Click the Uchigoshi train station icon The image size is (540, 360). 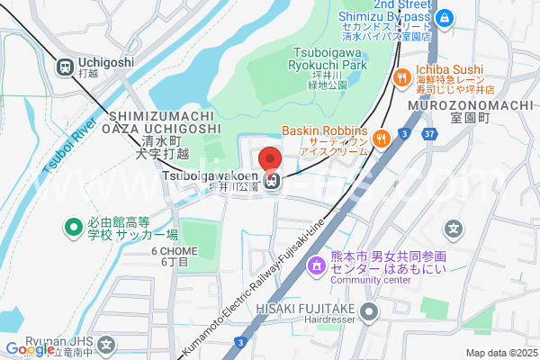[x=66, y=66]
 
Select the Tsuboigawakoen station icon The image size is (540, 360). [x=274, y=182]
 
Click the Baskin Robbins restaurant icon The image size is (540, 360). [x=382, y=138]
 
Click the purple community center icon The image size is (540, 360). [x=315, y=266]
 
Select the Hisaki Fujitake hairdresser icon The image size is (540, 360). [x=369, y=312]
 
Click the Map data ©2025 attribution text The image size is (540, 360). [x=500, y=353]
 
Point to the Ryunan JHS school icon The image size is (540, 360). [x=107, y=344]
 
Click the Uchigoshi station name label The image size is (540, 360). [x=106, y=62]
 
